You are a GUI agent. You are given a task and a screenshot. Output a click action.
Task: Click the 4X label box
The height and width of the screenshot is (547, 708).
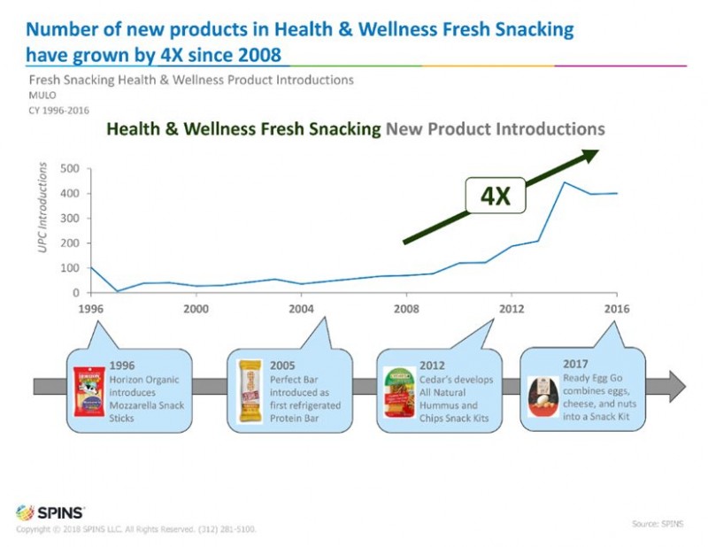[x=496, y=196]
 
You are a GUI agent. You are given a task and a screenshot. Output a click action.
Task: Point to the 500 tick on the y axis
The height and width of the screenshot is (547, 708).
[x=70, y=168]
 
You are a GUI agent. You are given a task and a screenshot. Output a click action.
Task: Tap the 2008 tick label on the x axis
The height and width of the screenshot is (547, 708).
[x=406, y=310]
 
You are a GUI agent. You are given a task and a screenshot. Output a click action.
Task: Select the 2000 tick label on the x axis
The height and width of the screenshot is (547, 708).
[x=196, y=310]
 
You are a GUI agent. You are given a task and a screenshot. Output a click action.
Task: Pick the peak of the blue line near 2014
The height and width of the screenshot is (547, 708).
[x=565, y=182]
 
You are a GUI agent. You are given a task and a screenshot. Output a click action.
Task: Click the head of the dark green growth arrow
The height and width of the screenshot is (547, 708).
[x=589, y=156]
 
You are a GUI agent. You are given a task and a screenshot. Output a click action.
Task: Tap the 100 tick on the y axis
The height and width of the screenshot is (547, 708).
[x=70, y=267]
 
